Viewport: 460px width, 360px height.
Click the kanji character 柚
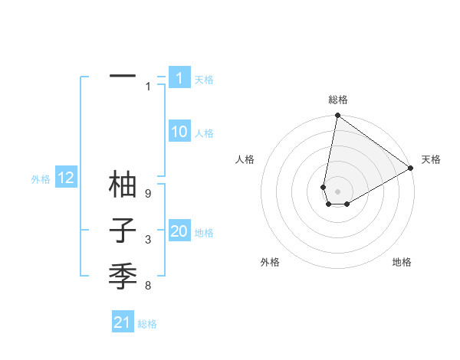pyautogui.click(x=123, y=185)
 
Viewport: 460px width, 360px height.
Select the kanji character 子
pyautogui.click(x=123, y=230)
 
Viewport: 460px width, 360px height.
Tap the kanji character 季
pyautogui.click(x=123, y=274)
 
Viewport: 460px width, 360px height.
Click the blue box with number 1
pyautogui.click(x=179, y=78)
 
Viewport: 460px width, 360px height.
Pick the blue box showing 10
pyautogui.click(x=179, y=133)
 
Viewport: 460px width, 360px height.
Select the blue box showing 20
pyautogui.click(x=179, y=232)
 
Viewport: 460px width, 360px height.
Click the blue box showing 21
pyautogui.click(x=123, y=322)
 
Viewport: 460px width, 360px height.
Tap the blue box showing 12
pyautogui.click(x=66, y=178)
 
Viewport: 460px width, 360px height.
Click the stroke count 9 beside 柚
pyautogui.click(x=148, y=194)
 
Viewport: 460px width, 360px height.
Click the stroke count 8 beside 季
pyautogui.click(x=148, y=286)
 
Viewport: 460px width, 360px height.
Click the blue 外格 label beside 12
pyautogui.click(x=41, y=179)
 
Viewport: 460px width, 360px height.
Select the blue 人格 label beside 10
pyautogui.click(x=204, y=133)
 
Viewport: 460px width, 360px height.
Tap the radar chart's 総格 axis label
pyautogui.click(x=337, y=100)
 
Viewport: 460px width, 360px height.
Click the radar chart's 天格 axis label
pyautogui.click(x=431, y=159)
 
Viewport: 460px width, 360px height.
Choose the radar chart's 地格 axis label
pyautogui.click(x=402, y=262)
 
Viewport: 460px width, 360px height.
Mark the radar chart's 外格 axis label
pyautogui.click(x=270, y=262)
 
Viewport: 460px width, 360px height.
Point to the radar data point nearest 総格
pyautogui.click(x=337, y=116)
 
